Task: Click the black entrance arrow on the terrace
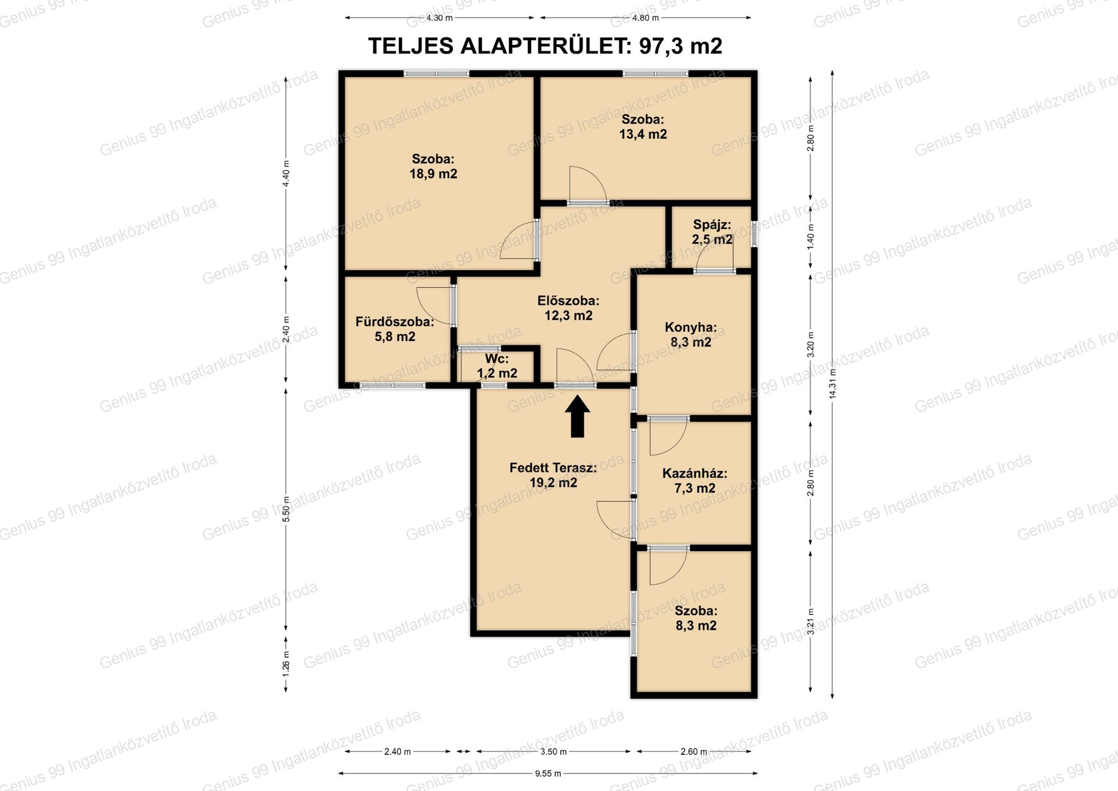pyautogui.click(x=577, y=416)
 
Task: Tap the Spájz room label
pyautogui.click(x=712, y=232)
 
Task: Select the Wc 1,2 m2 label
pyautogui.click(x=497, y=366)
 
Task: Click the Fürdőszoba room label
pyautogui.click(x=395, y=329)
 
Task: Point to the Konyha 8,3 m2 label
pyautogui.click(x=691, y=334)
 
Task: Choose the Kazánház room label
pyautogui.click(x=695, y=481)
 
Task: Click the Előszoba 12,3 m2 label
pyautogui.click(x=568, y=308)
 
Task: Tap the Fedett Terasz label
pyautogui.click(x=553, y=475)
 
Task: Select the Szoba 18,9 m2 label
pyautogui.click(x=433, y=166)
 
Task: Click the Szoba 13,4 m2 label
pyautogui.click(x=643, y=126)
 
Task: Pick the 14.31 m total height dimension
pyautogui.click(x=833, y=384)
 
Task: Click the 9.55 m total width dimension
pyautogui.click(x=548, y=774)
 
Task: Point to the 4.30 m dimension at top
pyautogui.click(x=439, y=18)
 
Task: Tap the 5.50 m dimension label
pyautogui.click(x=286, y=510)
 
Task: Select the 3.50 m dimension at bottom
pyautogui.click(x=553, y=751)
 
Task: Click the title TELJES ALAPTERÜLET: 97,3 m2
pyautogui.click(x=545, y=46)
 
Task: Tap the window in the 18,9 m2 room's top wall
pyautogui.click(x=437, y=74)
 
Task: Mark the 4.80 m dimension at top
pyautogui.click(x=645, y=18)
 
